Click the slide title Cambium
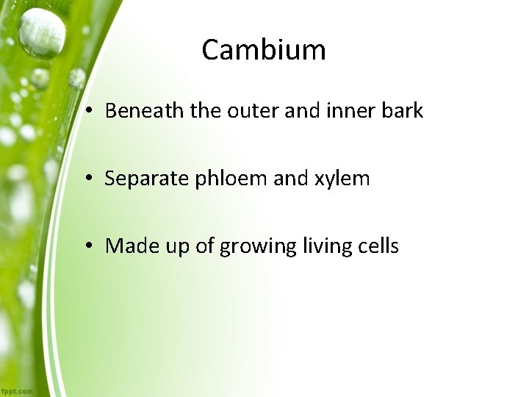click(x=264, y=50)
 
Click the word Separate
click(x=147, y=179)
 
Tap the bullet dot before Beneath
click(x=87, y=112)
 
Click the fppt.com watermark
click(x=16, y=391)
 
